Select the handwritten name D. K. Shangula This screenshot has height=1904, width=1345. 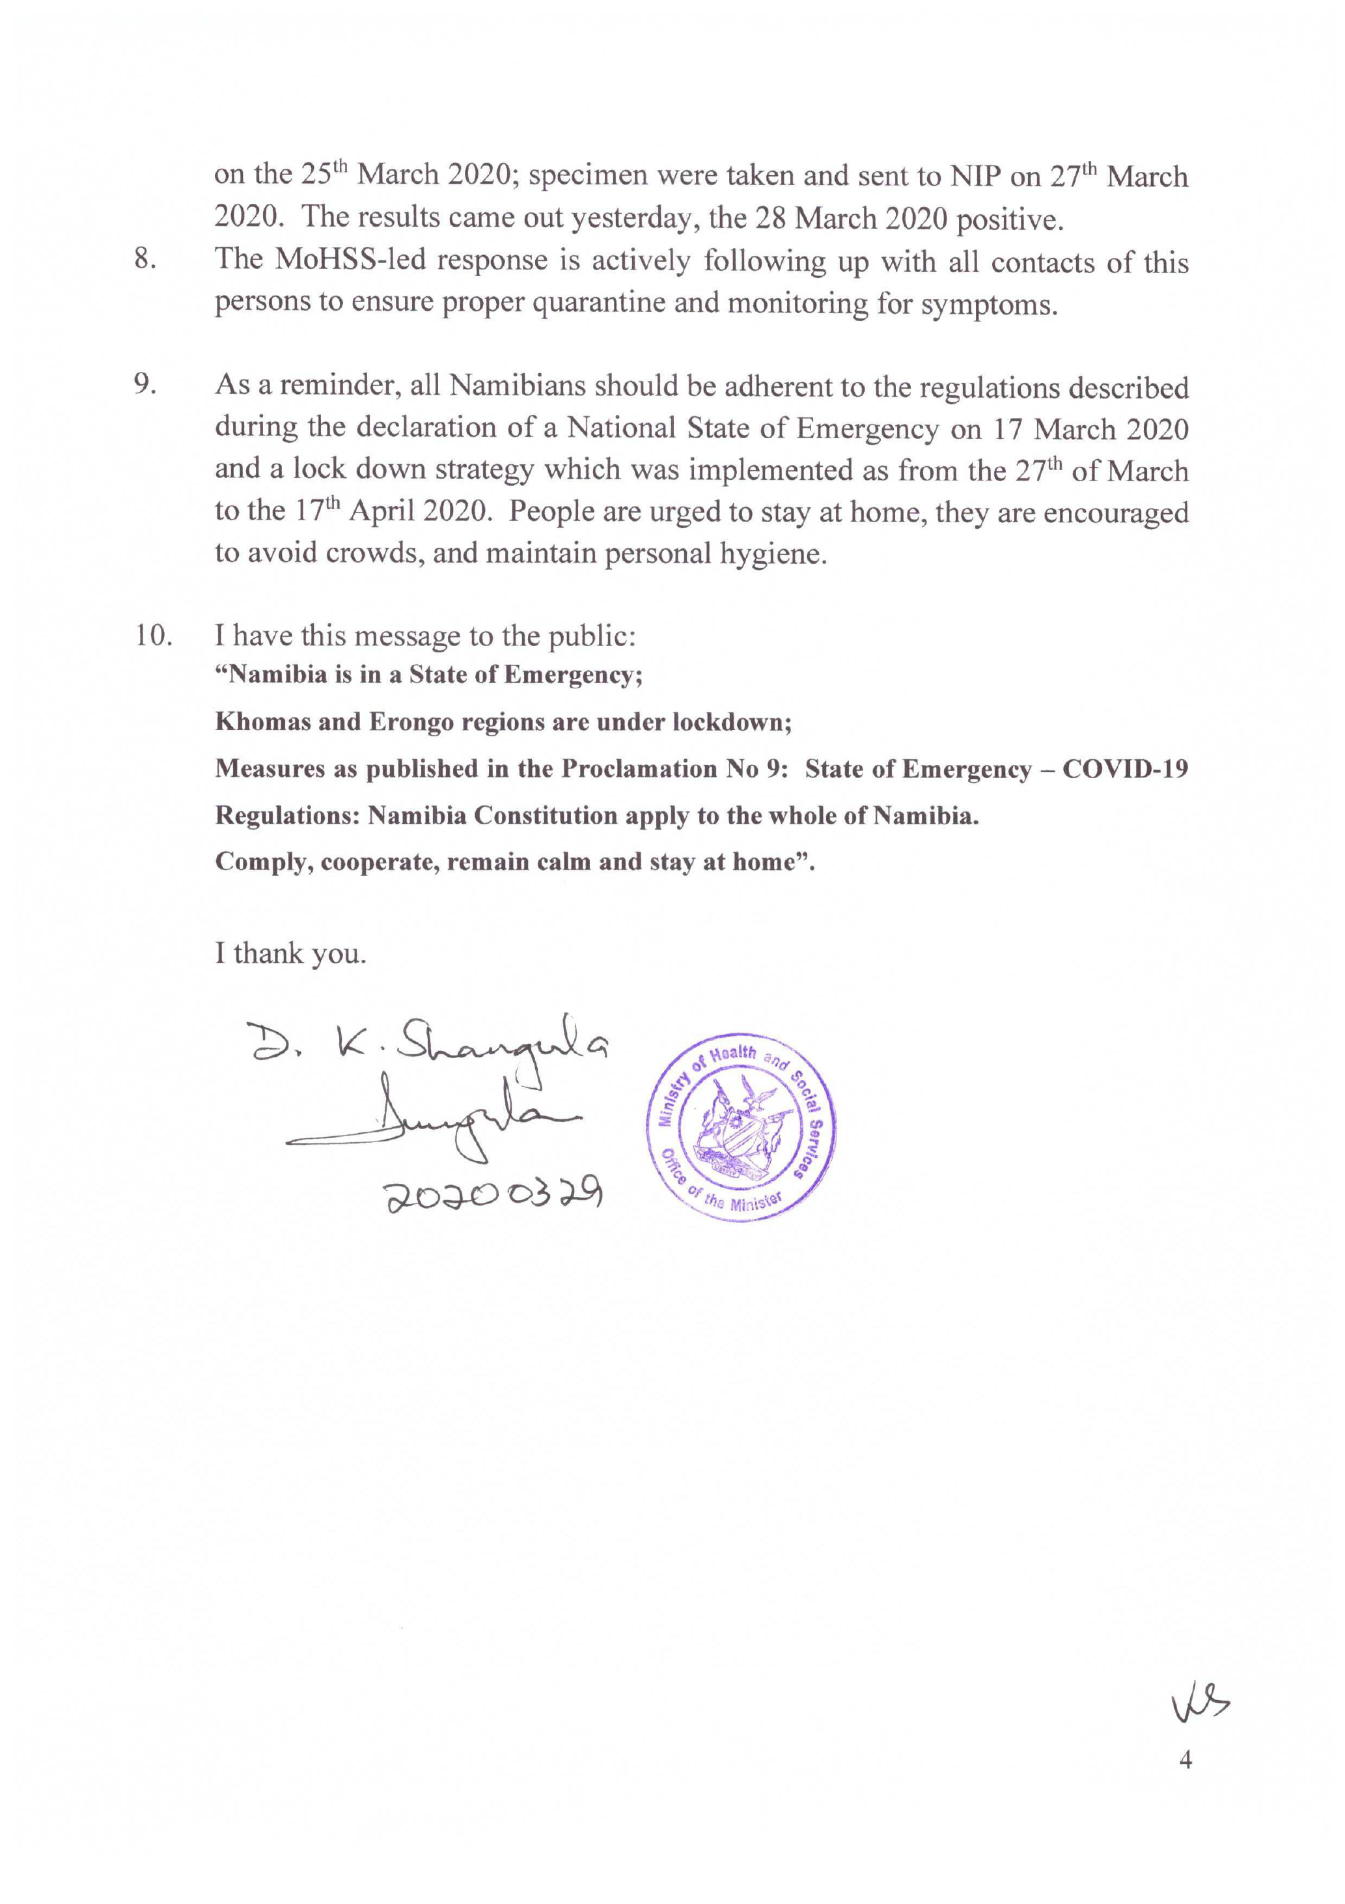(428, 1047)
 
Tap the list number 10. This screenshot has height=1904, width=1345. (154, 636)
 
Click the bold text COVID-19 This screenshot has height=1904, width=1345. (1124, 769)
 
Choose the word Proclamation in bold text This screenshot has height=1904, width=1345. (639, 769)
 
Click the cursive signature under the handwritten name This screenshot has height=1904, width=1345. (431, 1119)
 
